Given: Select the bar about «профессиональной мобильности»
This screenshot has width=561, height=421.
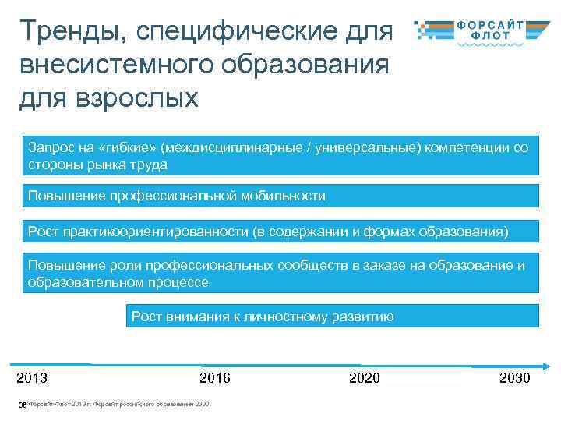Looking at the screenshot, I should point(280,196).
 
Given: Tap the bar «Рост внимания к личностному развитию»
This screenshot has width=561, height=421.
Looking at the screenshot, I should point(331,316).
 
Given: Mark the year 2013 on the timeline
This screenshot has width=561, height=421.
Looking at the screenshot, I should point(32,378).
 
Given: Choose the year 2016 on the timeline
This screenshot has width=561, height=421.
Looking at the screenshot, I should point(215,378).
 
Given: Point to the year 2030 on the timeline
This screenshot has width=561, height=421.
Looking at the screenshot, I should point(514,378).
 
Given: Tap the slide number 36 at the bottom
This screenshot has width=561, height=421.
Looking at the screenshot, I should point(23,405).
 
